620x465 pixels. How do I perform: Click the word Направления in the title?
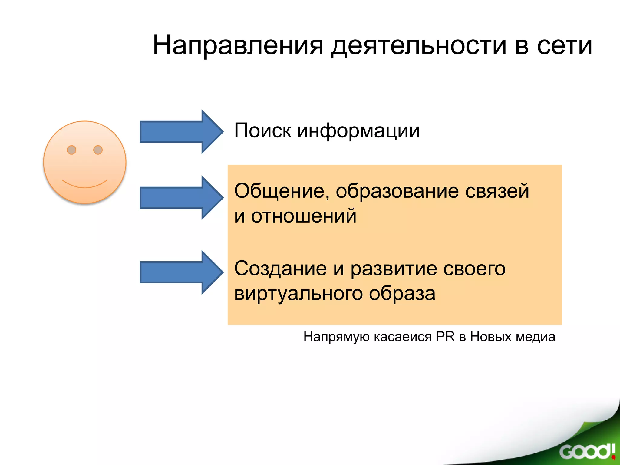[x=238, y=45]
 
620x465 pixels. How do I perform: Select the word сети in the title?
[x=564, y=45]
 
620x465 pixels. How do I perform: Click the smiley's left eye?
[x=71, y=150]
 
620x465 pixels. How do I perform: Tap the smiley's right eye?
[x=98, y=150]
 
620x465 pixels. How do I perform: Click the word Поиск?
[x=262, y=131]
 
